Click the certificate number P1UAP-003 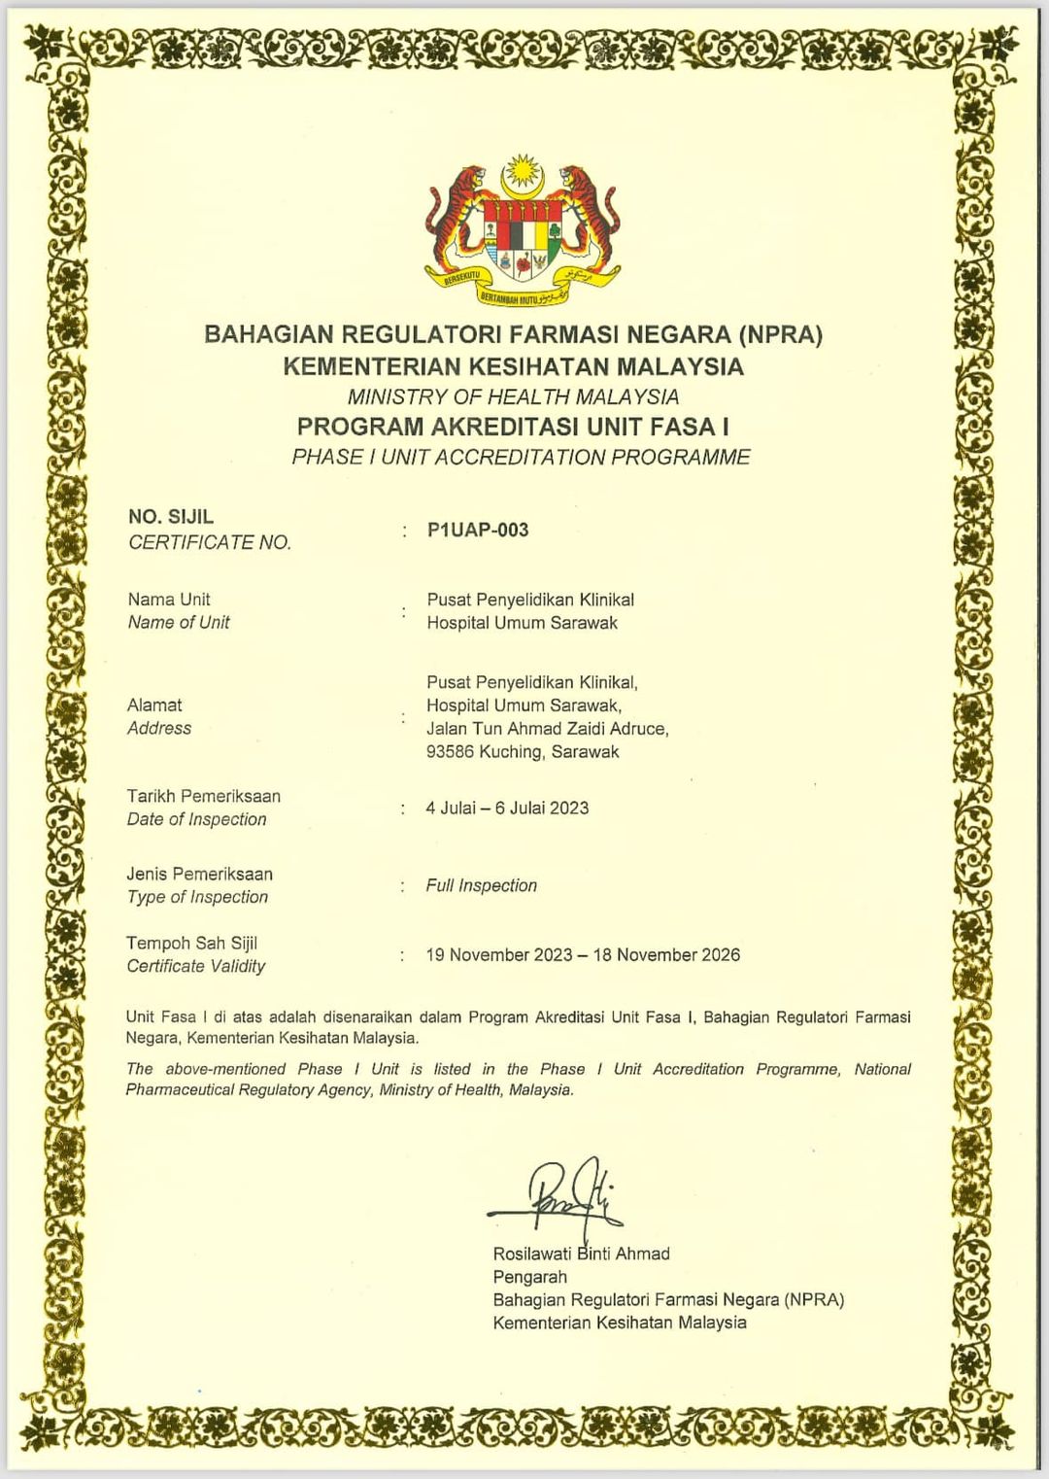[x=478, y=530]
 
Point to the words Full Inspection [x=481, y=885]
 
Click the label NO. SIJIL [x=171, y=517]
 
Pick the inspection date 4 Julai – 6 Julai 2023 [x=507, y=808]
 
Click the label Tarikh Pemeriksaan [x=204, y=796]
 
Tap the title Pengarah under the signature [x=529, y=1277]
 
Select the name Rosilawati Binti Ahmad [x=581, y=1254]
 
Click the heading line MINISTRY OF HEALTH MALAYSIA [x=513, y=396]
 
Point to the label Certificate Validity [x=196, y=966]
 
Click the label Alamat [x=154, y=705]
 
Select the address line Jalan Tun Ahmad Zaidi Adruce [x=547, y=728]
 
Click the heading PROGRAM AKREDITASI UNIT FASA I [x=513, y=427]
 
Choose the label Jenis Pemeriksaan [x=199, y=874]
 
